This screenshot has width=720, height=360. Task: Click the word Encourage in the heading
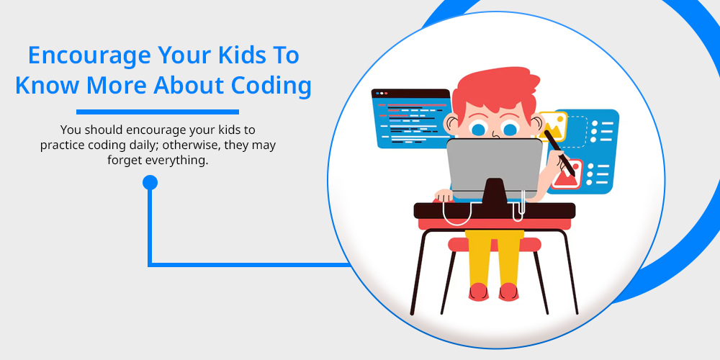pyautogui.click(x=89, y=55)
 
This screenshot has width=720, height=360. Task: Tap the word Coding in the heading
pyautogui.click(x=271, y=86)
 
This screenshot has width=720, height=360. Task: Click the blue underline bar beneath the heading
pyautogui.click(x=158, y=112)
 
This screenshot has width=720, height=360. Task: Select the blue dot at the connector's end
pyautogui.click(x=150, y=182)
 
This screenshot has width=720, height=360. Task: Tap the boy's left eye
pyautogui.click(x=479, y=129)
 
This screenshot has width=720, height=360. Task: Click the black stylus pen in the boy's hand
pyautogui.click(x=559, y=153)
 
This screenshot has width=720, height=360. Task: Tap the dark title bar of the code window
pyautogui.click(x=410, y=94)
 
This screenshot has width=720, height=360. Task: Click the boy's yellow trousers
pyautogui.click(x=494, y=257)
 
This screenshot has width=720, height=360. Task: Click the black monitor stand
pyautogui.click(x=494, y=191)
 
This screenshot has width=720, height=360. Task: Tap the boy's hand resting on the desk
pyautogui.click(x=444, y=195)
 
